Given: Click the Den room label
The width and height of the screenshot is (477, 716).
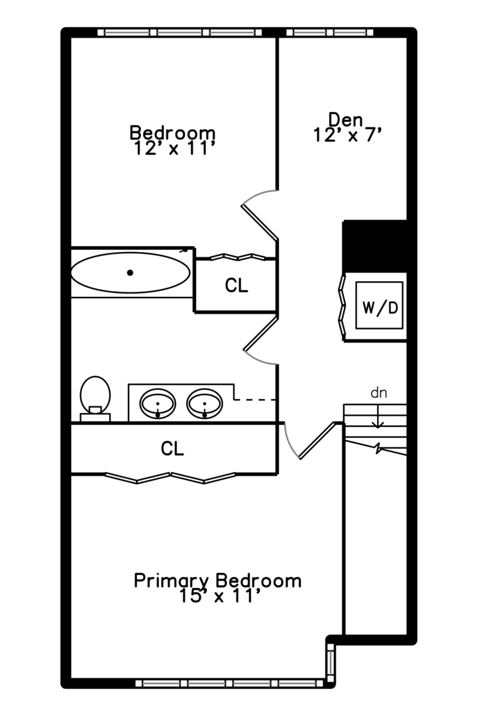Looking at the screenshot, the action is coord(346,119).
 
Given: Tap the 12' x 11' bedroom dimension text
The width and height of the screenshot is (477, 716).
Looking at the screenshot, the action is coord(174,149).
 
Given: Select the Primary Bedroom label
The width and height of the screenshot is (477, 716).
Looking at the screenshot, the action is coord(217,581).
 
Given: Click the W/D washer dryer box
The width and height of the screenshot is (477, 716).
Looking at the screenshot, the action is coord(380,305).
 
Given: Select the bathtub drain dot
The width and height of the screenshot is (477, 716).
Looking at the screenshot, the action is coord(130,272).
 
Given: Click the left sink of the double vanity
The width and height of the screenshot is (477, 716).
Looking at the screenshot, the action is coord(158,404).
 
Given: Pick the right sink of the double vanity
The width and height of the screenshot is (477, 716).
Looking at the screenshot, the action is coord(205,404).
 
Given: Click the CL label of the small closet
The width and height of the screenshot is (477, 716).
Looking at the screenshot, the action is coord(237,285).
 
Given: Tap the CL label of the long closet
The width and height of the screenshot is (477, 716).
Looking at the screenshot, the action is coord(172,449).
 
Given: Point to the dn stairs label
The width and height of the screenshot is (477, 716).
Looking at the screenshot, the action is coord(379,392).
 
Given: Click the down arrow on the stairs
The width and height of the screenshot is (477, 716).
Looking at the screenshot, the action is coord(378,417).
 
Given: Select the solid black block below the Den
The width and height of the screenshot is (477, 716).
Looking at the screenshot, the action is coord(375,246).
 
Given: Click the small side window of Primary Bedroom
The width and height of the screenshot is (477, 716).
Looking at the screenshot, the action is coord(330,662).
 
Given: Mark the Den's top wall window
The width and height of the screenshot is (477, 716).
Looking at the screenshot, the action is coord(329,32).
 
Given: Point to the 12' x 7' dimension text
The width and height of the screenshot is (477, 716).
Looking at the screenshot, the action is coord(347,135).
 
